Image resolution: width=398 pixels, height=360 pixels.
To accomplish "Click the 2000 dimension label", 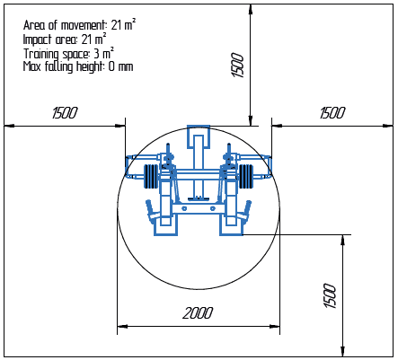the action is click(x=198, y=313).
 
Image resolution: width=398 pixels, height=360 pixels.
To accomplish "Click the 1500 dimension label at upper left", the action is click(x=65, y=113).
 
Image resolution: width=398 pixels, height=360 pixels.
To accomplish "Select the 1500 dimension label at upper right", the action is click(x=332, y=113).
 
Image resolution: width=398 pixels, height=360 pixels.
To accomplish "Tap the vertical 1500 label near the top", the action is click(x=238, y=66).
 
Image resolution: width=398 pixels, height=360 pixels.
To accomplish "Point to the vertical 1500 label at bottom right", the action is click(x=330, y=295).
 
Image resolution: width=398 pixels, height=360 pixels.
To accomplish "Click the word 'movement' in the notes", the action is click(x=84, y=25).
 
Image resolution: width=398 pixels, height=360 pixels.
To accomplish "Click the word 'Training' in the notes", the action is click(x=41, y=54).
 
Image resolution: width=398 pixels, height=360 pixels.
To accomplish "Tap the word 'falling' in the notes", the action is click(x=59, y=66).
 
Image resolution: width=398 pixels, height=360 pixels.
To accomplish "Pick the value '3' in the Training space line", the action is click(x=96, y=54).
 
